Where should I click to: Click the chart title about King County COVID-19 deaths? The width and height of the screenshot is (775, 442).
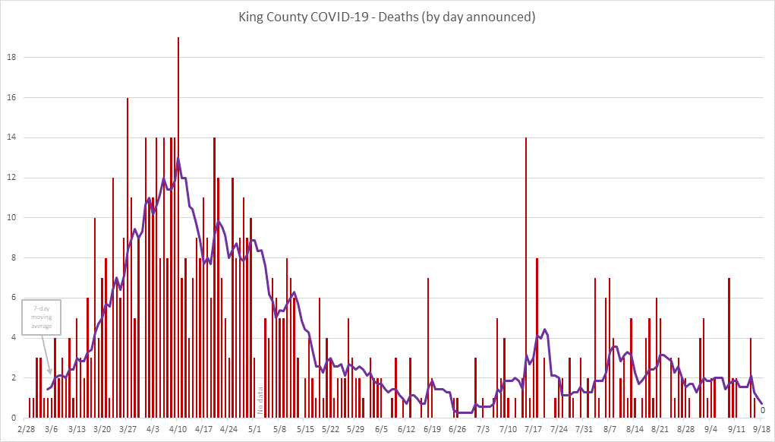coord(387,17)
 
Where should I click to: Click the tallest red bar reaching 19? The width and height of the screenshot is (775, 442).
coord(178,228)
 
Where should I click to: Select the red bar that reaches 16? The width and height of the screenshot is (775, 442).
coord(128,258)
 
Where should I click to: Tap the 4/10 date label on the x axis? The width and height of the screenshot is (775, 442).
coord(178,429)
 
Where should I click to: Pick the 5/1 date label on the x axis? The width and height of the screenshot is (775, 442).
coord(255,429)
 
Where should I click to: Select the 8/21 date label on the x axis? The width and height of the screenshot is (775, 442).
coord(660,429)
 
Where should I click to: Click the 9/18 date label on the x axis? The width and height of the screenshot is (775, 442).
coord(762,429)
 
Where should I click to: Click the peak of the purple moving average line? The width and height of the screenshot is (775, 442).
coord(178,159)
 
